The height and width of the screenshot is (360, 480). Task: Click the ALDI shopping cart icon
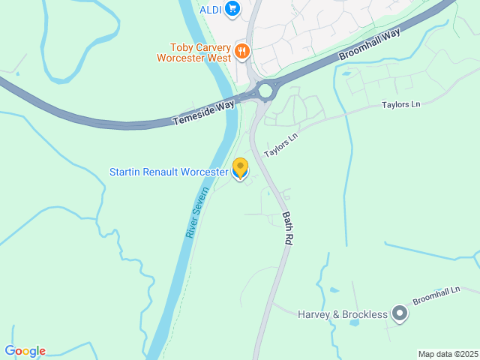pyautogui.click(x=232, y=9)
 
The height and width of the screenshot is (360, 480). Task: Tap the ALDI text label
pyautogui.click(x=209, y=9)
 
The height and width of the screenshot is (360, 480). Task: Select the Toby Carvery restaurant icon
pyautogui.click(x=241, y=51)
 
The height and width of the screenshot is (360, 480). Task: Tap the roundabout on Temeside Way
pyautogui.click(x=265, y=91)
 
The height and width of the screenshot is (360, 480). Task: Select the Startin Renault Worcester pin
pyautogui.click(x=240, y=169)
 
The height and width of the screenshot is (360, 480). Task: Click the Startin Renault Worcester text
pyautogui.click(x=168, y=172)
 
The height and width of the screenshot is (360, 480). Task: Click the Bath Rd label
pyautogui.click(x=287, y=228)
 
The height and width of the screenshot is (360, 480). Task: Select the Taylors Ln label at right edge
pyautogui.click(x=400, y=104)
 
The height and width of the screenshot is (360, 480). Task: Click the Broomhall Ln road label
pyautogui.click(x=435, y=295)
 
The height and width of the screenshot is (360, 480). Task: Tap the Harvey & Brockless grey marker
pyautogui.click(x=400, y=313)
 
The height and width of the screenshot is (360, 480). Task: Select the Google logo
pyautogui.click(x=25, y=351)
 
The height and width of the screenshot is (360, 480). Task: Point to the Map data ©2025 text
pyautogui.click(x=448, y=354)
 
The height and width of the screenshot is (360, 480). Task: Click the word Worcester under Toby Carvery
pyautogui.click(x=181, y=57)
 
